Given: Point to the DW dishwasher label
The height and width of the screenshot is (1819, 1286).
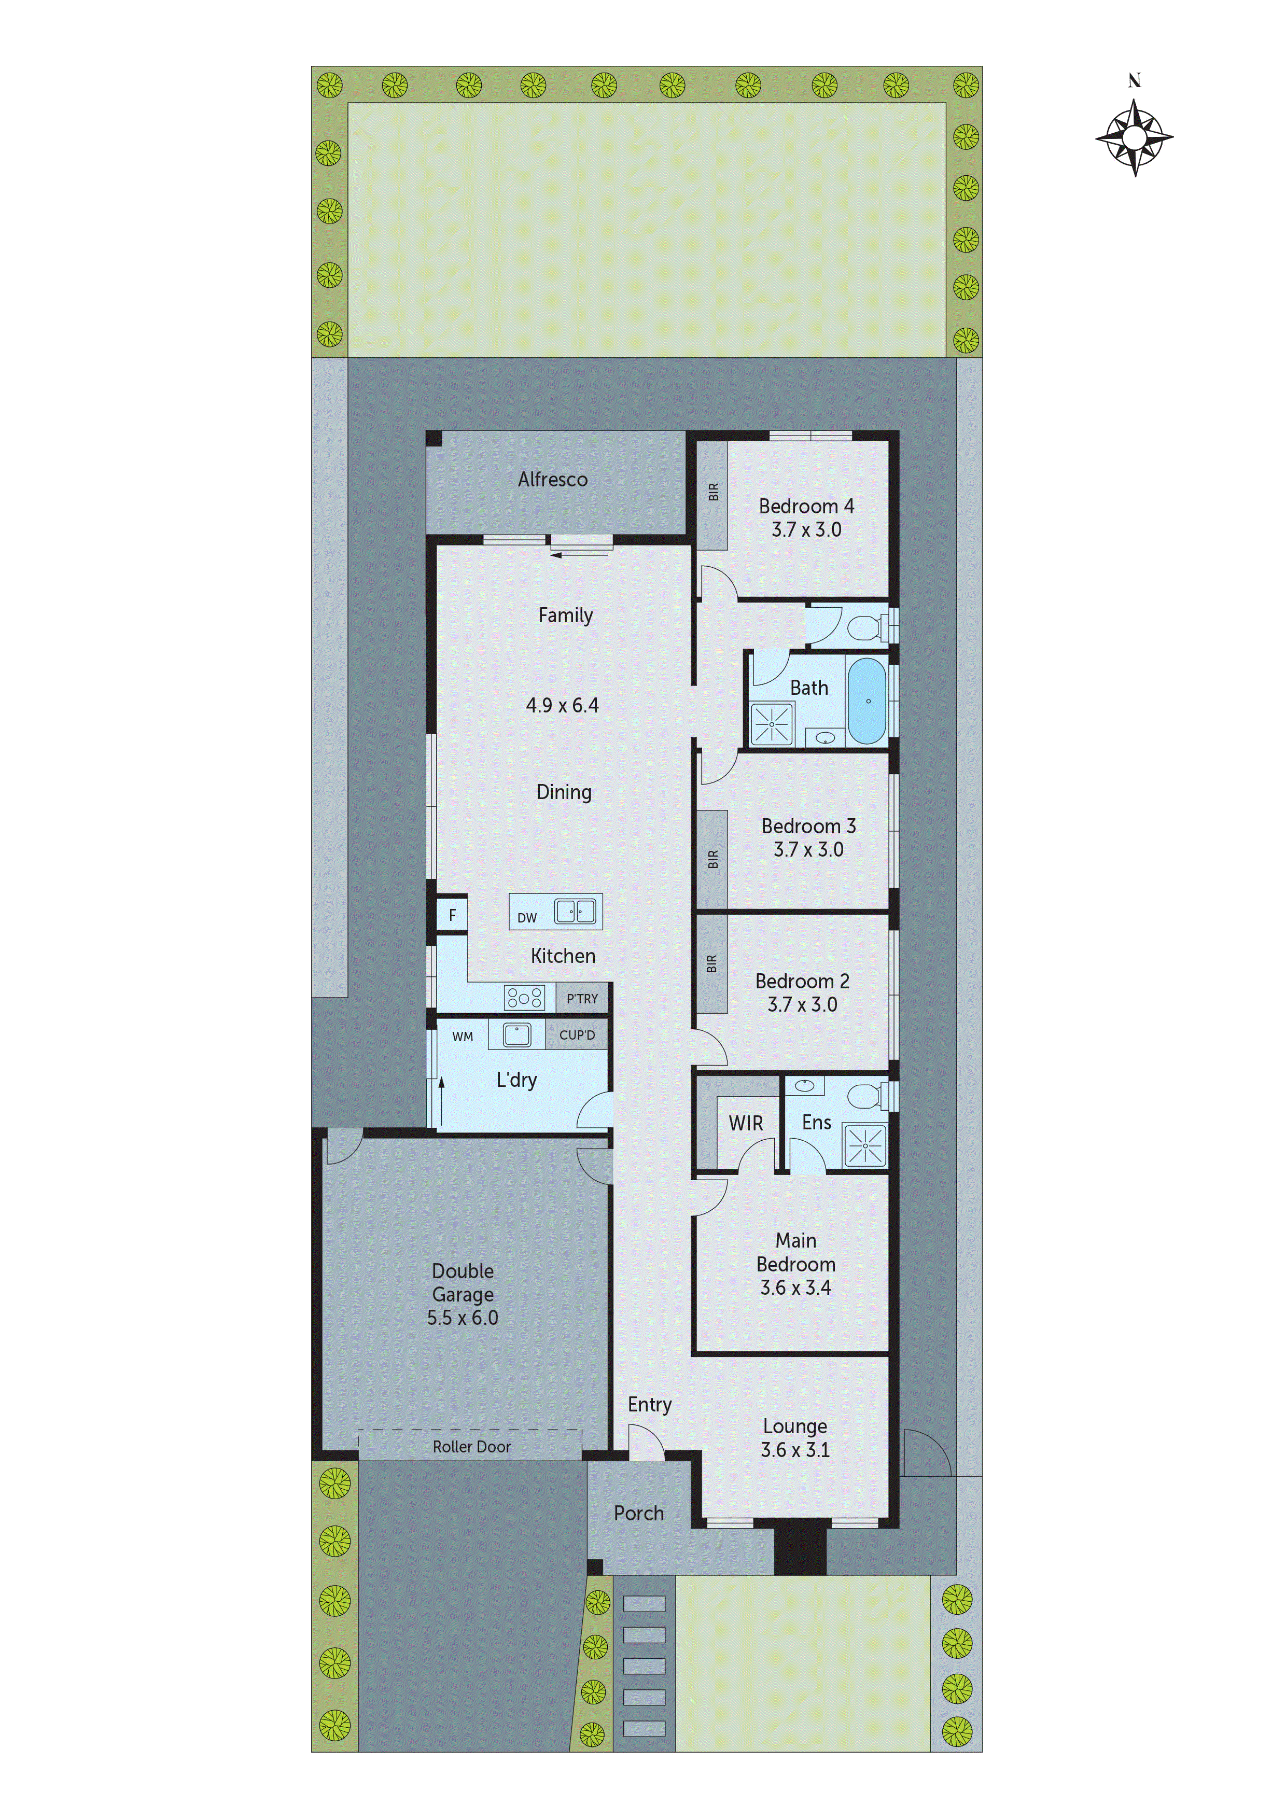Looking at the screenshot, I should (527, 917).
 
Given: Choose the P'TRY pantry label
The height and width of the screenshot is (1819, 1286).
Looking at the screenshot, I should (582, 998).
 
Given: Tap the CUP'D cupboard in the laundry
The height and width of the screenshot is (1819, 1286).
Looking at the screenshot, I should (577, 1034).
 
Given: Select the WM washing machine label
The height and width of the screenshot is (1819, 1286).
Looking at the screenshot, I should (463, 1036).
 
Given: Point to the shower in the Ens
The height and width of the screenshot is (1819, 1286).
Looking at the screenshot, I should (865, 1145).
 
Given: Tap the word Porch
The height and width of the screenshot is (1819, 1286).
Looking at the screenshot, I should (639, 1513).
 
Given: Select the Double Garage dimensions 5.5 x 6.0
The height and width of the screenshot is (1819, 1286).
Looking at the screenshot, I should (463, 1318).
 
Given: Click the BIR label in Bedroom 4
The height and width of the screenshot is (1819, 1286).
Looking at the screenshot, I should (713, 492).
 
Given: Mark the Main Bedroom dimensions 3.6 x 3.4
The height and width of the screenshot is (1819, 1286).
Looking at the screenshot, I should (795, 1288).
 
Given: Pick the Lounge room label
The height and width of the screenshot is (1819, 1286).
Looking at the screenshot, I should (795, 1426).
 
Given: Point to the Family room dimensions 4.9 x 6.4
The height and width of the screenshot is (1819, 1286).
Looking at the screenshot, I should (563, 705).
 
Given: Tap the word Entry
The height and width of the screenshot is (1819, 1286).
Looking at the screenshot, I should (650, 1405).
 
